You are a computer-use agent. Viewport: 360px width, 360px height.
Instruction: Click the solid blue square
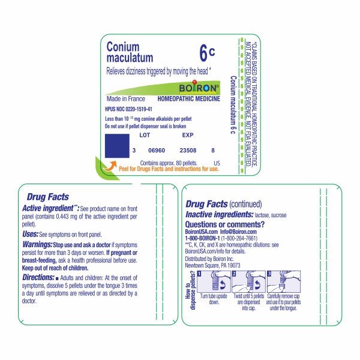click(116, 147)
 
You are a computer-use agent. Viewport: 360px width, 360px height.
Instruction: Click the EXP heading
click(187, 135)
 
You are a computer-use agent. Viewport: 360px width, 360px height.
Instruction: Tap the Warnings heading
click(40, 244)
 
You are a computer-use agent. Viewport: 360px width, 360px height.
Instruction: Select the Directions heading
click(42, 278)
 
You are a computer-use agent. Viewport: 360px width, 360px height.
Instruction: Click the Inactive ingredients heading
click(219, 214)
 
